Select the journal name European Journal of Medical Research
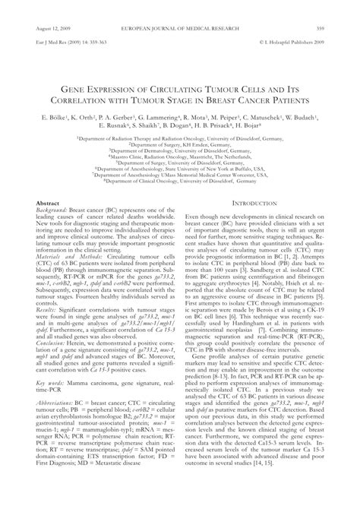pyautogui.click(x=179, y=8)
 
